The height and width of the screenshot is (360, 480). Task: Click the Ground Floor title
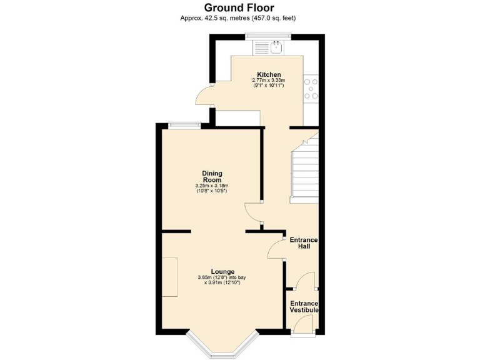click(x=239, y=7)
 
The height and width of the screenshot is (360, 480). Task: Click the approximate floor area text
click(x=239, y=18)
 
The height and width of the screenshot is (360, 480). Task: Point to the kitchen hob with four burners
click(x=311, y=89)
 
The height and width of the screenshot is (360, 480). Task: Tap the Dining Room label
click(x=212, y=176)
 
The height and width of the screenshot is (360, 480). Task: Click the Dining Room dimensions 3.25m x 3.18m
click(x=212, y=187)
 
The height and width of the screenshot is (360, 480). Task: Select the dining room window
click(x=183, y=125)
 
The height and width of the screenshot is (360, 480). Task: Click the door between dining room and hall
click(x=253, y=214)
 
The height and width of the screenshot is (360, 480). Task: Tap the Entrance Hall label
click(x=304, y=243)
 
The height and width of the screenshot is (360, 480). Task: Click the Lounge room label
click(x=222, y=271)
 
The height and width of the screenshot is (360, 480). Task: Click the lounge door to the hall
click(x=276, y=248)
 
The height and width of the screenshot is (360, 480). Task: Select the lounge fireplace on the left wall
click(x=169, y=276)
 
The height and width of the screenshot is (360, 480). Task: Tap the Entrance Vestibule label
click(x=304, y=306)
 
